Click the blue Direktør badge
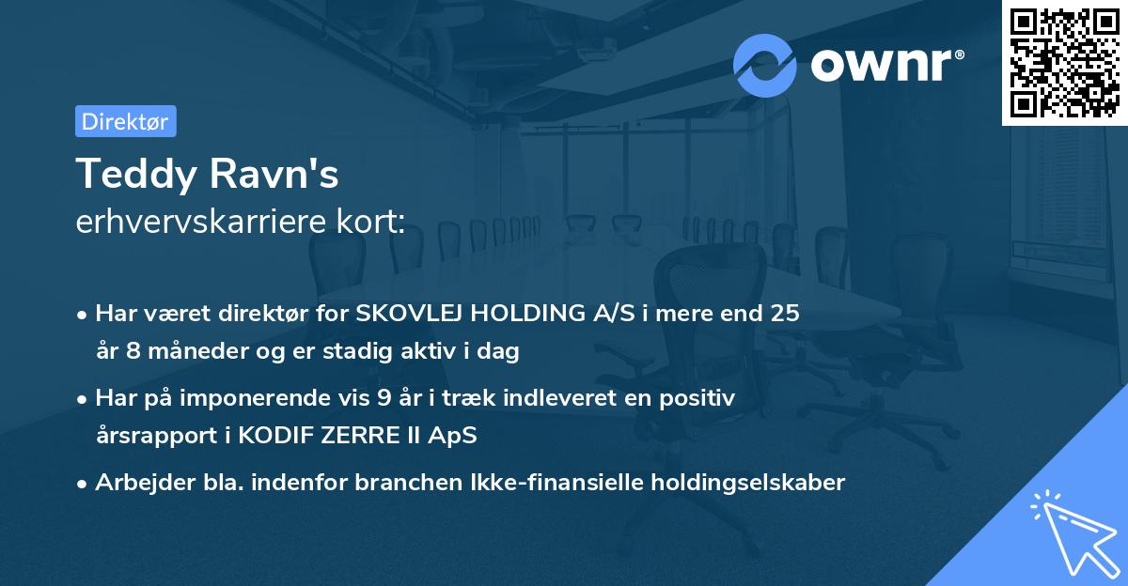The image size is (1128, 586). (125, 121)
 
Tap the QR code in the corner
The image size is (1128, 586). (1064, 63)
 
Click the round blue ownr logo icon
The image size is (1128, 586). (765, 65)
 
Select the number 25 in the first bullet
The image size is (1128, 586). (785, 314)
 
